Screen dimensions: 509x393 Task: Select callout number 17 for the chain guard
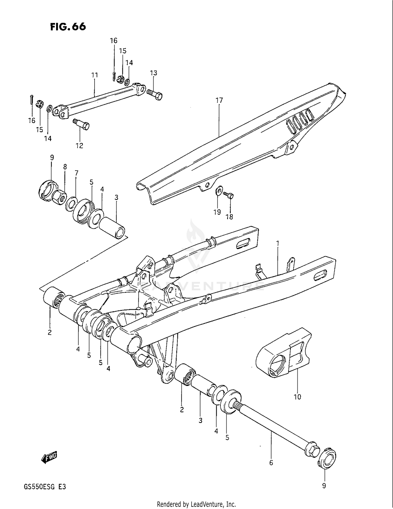(219, 100)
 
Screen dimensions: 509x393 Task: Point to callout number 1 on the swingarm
(277, 243)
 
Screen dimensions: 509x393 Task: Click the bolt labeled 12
(82, 124)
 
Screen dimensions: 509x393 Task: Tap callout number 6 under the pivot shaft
(271, 463)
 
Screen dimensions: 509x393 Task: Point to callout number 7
(76, 173)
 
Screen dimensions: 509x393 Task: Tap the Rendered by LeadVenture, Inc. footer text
(196, 504)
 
